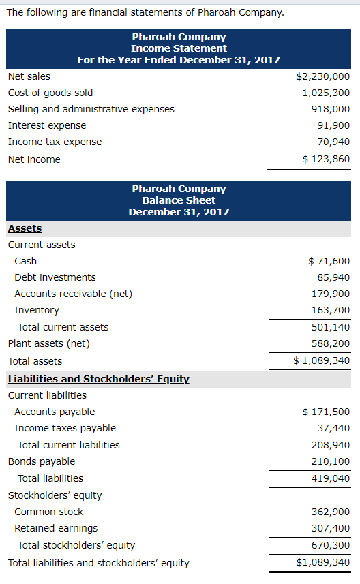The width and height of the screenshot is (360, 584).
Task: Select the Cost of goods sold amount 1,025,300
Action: pyautogui.click(x=326, y=93)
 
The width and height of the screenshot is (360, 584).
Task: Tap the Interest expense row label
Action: pyautogui.click(x=47, y=125)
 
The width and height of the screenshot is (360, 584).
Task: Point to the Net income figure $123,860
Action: pyautogui.click(x=326, y=159)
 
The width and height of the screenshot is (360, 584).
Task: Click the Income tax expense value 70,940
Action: pyautogui.click(x=334, y=142)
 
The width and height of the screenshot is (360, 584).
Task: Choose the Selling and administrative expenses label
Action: pyautogui.click(x=91, y=109)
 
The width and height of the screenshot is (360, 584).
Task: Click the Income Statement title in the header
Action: pyautogui.click(x=179, y=48)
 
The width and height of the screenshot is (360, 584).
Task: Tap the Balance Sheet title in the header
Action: pyautogui.click(x=179, y=200)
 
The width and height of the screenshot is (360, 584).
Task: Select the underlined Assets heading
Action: pyautogui.click(x=25, y=228)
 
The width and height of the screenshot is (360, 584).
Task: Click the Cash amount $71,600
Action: pyautogui.click(x=329, y=261)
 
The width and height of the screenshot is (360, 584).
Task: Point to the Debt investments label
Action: pyautogui.click(x=55, y=277)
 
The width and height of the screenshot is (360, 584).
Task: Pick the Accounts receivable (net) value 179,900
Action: pyautogui.click(x=331, y=294)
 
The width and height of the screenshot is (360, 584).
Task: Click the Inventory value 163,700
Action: pyautogui.click(x=331, y=310)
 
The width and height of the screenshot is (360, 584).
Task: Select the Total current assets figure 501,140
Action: pyautogui.click(x=331, y=327)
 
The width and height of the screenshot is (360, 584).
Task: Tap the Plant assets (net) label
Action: pyautogui.click(x=49, y=343)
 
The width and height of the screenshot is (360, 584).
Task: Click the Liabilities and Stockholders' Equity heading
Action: pyautogui.click(x=98, y=378)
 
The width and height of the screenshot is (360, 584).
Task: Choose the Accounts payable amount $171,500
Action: pyautogui.click(x=326, y=412)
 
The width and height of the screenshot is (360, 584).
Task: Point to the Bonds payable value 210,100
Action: pyautogui.click(x=331, y=461)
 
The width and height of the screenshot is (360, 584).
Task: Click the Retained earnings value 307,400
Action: pyautogui.click(x=331, y=528)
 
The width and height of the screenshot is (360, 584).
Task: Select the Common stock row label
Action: pyautogui.click(x=49, y=512)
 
